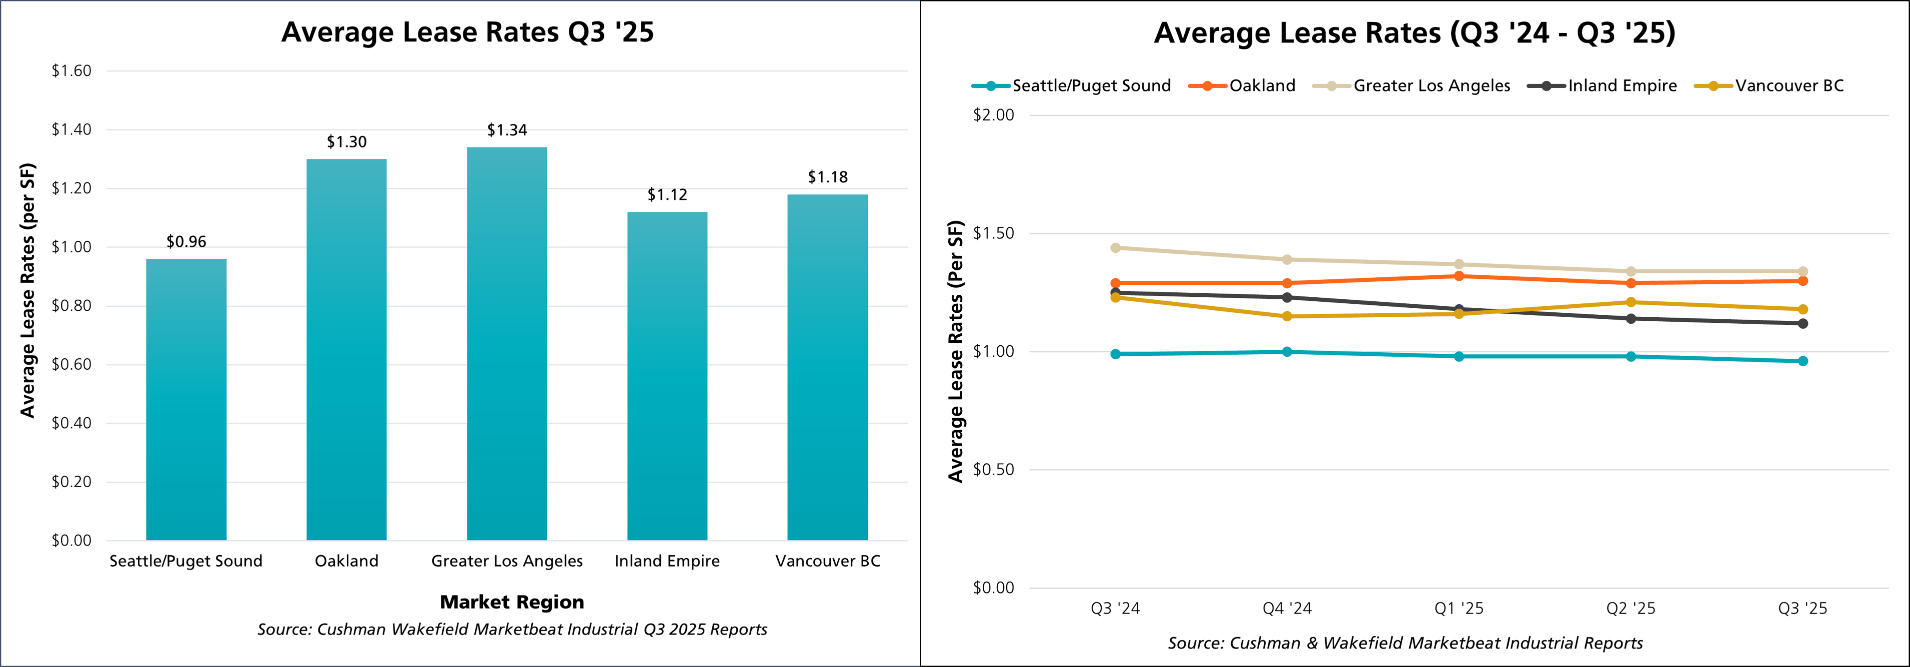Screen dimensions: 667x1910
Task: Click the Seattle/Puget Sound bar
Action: [x=186, y=400]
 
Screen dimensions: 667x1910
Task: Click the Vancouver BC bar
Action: [x=827, y=367]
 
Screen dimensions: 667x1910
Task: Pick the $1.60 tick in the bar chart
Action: [x=71, y=71]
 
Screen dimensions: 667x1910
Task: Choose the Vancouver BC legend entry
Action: [x=1789, y=86]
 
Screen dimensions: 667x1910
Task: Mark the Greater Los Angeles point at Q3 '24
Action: [x=1115, y=247]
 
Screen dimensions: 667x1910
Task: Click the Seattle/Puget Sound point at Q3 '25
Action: [x=1803, y=361]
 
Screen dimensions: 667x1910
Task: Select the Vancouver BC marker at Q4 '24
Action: [x=1287, y=316]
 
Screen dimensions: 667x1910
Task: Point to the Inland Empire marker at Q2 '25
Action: [x=1631, y=319]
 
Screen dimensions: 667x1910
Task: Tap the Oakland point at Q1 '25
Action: [x=1459, y=276]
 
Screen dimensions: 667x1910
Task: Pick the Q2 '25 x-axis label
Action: [x=1631, y=609]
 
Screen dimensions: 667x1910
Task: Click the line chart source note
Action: [x=1405, y=643]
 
